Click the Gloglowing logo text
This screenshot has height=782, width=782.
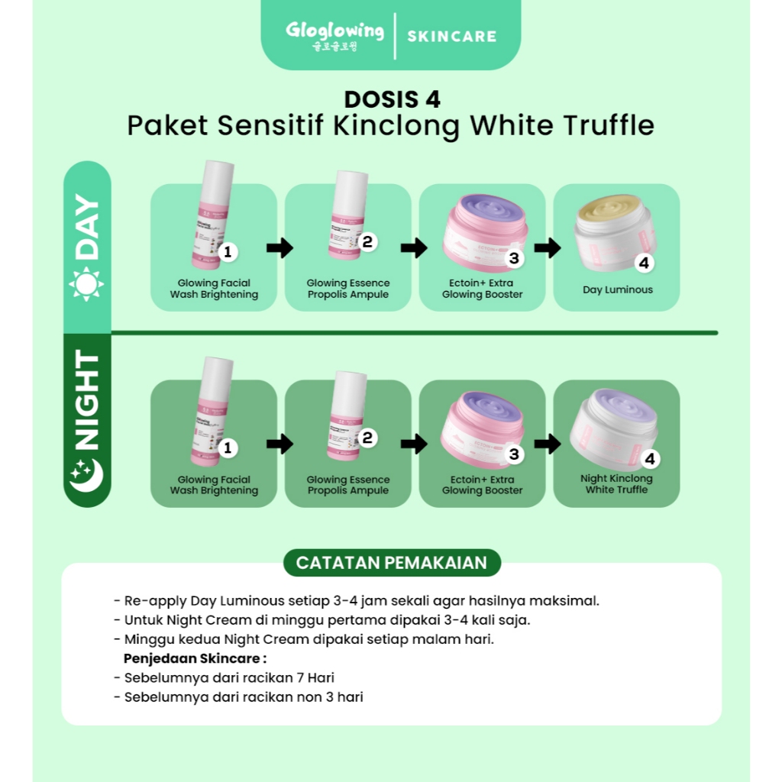pos(334,31)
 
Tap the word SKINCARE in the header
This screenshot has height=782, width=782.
pos(451,36)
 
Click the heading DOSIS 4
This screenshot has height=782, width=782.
pos(392,100)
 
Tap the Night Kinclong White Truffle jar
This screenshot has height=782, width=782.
pos(613,428)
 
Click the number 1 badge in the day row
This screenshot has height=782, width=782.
pos(227,251)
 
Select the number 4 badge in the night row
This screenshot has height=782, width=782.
pos(649,459)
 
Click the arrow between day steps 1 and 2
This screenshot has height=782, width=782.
pos(280,247)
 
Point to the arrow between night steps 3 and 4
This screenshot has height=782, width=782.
pos(548,444)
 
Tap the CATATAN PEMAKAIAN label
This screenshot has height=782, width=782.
pos(391,563)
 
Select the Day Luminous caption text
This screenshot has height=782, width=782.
pos(617,289)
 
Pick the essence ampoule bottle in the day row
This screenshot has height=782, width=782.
pos(347,215)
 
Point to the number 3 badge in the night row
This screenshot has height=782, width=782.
pos(514,454)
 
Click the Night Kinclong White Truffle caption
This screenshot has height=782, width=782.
pos(616,484)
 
